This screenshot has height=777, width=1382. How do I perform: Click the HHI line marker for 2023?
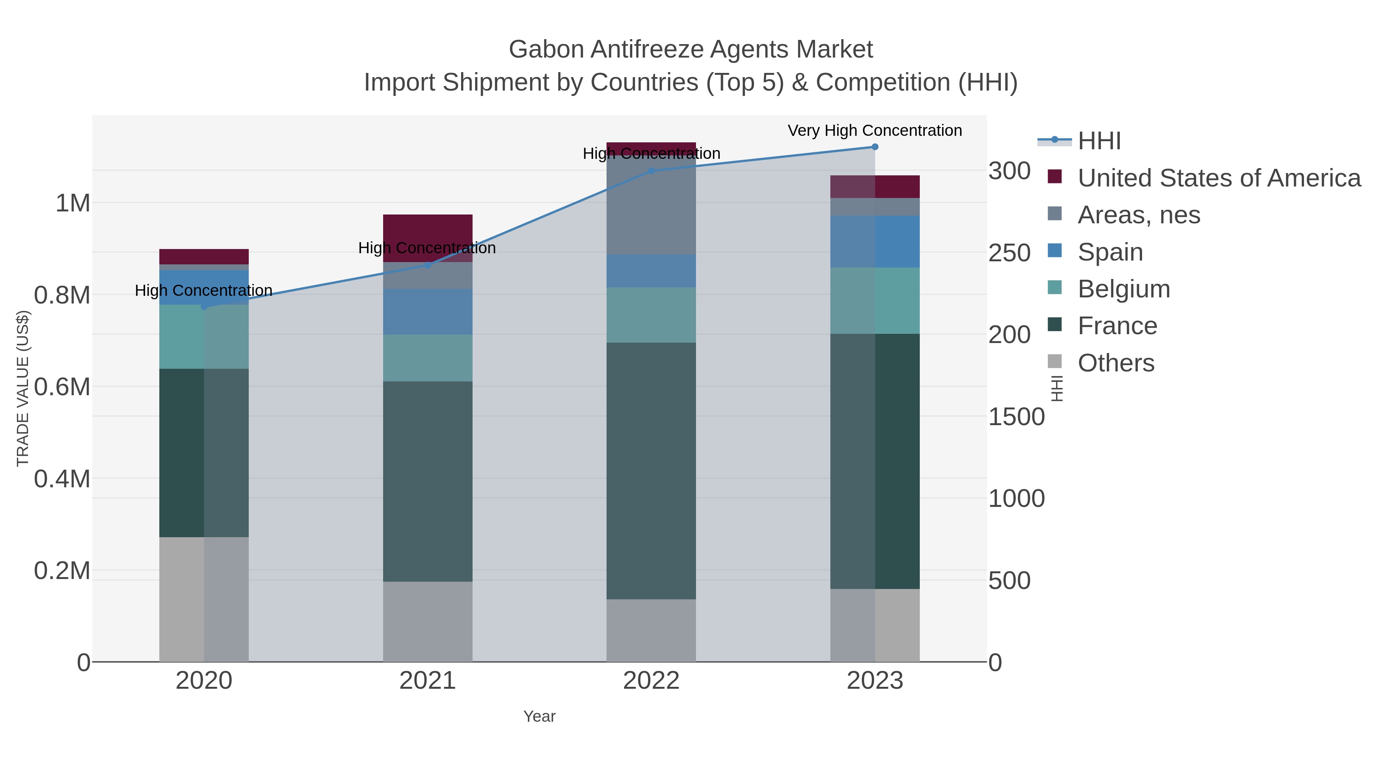pyautogui.click(x=874, y=147)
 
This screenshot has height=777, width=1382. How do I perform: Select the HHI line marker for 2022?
pyautogui.click(x=651, y=171)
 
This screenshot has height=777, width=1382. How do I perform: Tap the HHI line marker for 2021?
pyautogui.click(x=428, y=265)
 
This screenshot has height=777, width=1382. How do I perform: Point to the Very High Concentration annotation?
pyautogui.click(x=874, y=130)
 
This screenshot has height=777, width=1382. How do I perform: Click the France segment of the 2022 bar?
pyautogui.click(x=651, y=471)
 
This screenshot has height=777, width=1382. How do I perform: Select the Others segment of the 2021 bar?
pyautogui.click(x=428, y=622)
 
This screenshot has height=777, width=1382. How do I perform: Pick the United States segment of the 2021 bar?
pyautogui.click(x=428, y=231)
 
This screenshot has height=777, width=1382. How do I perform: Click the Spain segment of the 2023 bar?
pyautogui.click(x=874, y=241)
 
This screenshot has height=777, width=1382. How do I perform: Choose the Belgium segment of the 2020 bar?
pyautogui.click(x=204, y=337)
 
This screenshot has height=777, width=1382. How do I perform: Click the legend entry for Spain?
pyautogui.click(x=1110, y=252)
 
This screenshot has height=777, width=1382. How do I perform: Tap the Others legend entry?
pyautogui.click(x=1115, y=363)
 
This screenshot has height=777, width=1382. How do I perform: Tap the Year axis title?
pyautogui.click(x=539, y=716)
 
